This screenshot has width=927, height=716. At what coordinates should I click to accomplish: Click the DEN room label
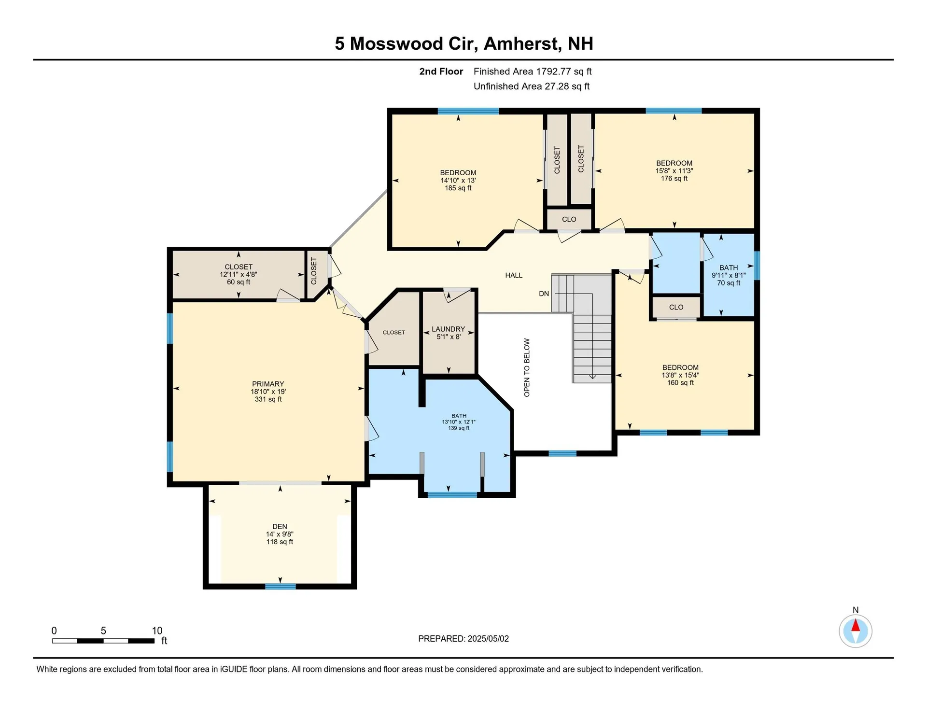[280, 526]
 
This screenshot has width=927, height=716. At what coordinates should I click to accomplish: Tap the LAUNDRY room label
[448, 329]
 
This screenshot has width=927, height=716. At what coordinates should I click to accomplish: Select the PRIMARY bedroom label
[268, 384]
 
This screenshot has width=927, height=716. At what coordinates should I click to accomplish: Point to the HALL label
[514, 275]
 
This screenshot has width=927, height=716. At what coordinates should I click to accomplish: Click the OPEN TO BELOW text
[527, 367]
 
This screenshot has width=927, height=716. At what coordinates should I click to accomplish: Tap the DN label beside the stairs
[544, 294]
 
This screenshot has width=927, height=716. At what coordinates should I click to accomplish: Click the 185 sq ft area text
[458, 188]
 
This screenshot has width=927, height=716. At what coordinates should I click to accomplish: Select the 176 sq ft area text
[674, 179]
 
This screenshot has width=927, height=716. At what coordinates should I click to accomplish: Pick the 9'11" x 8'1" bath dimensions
[728, 275]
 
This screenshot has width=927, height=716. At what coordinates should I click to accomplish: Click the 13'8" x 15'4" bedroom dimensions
[680, 375]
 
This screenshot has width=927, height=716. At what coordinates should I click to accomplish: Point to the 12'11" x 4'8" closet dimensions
[239, 274]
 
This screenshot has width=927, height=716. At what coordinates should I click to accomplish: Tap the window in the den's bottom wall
[280, 586]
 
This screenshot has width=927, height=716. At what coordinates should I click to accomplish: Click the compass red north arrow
[855, 626]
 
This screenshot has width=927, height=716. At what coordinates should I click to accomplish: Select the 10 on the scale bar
[157, 631]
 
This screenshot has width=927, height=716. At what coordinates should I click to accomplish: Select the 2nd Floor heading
[441, 71]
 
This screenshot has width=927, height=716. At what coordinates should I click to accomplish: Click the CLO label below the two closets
[569, 219]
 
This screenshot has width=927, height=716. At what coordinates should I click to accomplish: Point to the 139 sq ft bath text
[458, 428]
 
